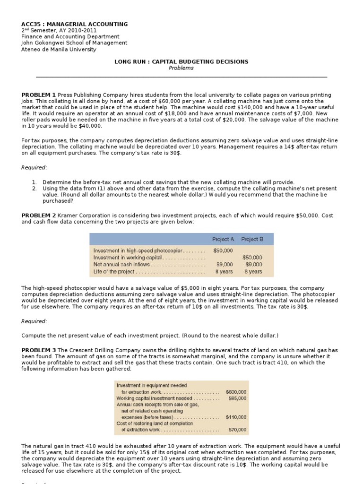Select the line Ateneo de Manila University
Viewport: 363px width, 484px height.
pyautogui.click(x=59, y=49)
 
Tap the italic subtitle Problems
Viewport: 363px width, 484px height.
pyautogui.click(x=181, y=68)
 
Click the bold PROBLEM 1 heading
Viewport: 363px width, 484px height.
pyautogui.click(x=39, y=95)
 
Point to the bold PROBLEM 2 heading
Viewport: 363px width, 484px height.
pyautogui.click(x=39, y=216)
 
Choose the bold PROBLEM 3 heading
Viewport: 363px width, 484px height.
pyautogui.click(x=39, y=351)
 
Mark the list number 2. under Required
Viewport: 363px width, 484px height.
pyautogui.click(x=35, y=189)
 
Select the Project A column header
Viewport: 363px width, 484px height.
pyautogui.click(x=222, y=239)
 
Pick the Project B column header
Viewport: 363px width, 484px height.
pyautogui.click(x=252, y=239)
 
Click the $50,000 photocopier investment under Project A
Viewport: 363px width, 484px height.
pyautogui.click(x=223, y=251)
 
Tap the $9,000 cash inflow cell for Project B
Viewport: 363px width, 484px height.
pyautogui.click(x=254, y=265)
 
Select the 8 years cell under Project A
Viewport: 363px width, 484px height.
pyautogui.click(x=223, y=272)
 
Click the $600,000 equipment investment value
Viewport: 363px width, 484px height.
pyautogui.click(x=236, y=392)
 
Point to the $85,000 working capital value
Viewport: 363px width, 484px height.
pyautogui.click(x=237, y=398)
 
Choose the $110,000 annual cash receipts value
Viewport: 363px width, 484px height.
pyautogui.click(x=236, y=417)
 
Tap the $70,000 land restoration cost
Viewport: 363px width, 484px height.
pyautogui.click(x=237, y=430)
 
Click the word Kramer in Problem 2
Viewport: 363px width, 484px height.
pyautogui.click(x=68, y=216)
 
